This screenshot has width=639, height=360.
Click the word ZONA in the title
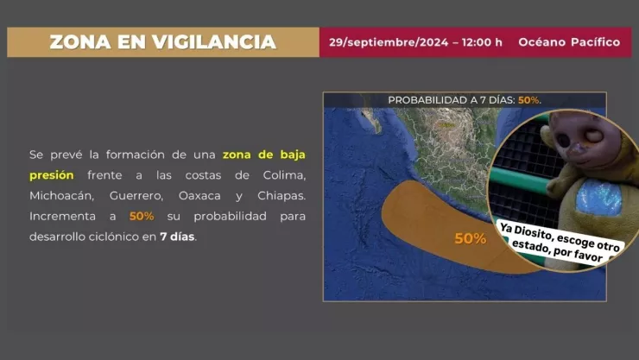click(x=74, y=41)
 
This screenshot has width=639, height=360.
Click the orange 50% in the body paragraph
click(x=142, y=216)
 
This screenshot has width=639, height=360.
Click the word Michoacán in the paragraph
click(x=62, y=196)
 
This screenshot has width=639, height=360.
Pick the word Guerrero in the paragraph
click(x=139, y=196)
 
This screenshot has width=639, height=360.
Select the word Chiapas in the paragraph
click(x=279, y=196)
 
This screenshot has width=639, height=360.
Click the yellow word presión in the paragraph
click(x=52, y=175)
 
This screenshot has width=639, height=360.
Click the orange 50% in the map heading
click(x=528, y=100)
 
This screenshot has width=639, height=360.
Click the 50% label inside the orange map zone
click(x=470, y=238)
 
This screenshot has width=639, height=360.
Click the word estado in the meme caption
click(x=538, y=248)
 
